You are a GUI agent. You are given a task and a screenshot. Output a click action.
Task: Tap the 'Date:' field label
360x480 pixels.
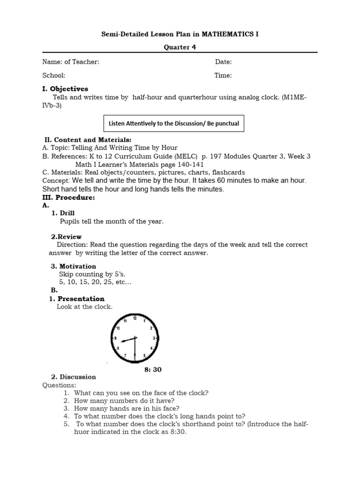pos(224,62)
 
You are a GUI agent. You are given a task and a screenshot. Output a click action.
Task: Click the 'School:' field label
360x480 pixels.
pos(54,75)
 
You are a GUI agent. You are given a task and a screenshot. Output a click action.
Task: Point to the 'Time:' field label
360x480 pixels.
pos(223,75)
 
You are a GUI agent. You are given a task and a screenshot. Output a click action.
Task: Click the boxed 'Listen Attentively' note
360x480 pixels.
pos(173,124)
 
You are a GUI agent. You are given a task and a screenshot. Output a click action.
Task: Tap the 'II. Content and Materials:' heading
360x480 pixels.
pos(88,140)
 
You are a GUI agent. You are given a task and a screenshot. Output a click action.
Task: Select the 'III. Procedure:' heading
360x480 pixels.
pos(68,198)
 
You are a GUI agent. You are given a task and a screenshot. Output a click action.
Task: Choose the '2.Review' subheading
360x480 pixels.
pos(66,237)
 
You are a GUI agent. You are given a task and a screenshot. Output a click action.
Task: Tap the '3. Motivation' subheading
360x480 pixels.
pos(73,266)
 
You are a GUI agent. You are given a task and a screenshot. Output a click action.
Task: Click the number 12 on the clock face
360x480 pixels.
pos(135,318)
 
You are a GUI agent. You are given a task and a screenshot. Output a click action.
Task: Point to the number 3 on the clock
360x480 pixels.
pos(155,338)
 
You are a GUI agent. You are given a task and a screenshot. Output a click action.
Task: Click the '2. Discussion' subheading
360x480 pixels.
pos(73,377)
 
